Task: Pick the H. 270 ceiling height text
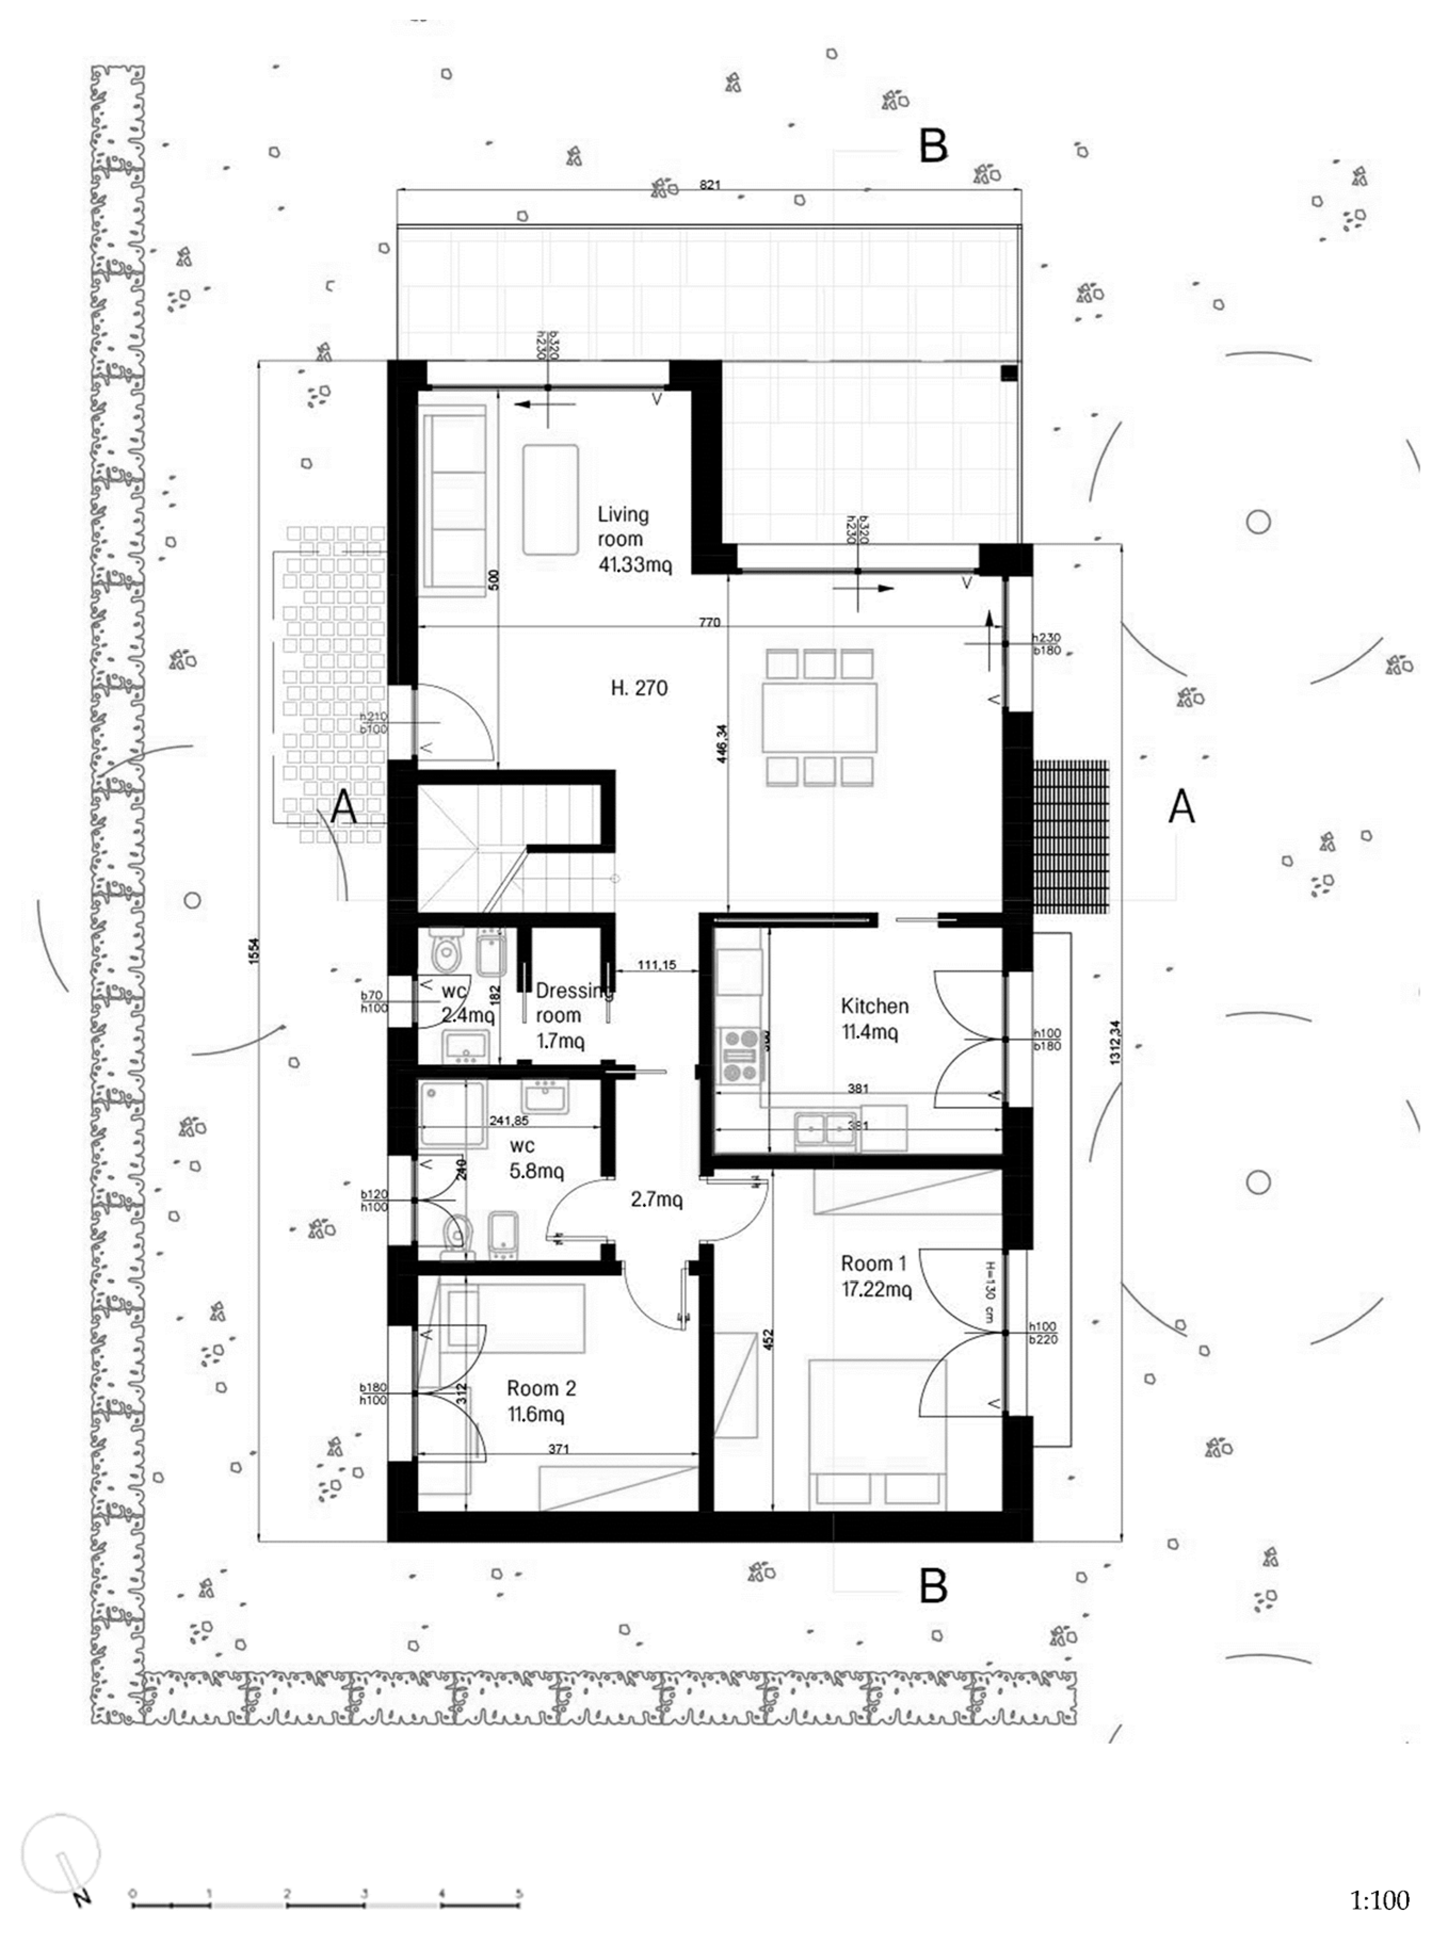coord(639,688)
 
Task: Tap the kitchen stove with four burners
coord(741,1055)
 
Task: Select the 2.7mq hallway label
coord(656,1200)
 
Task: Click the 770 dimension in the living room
coord(709,622)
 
